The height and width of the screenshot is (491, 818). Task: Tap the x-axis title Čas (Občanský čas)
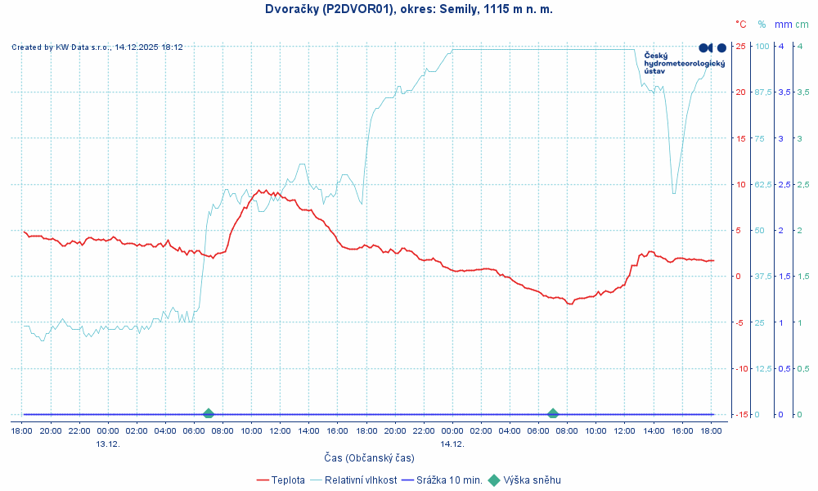tap(368, 457)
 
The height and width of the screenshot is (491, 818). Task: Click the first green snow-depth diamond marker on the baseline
tap(209, 414)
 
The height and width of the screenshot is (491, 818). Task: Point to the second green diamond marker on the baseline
tap(553, 414)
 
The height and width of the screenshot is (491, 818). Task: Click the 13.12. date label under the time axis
tap(108, 444)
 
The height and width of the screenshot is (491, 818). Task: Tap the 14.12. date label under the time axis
tap(452, 444)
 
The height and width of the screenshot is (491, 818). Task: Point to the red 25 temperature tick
tap(740, 46)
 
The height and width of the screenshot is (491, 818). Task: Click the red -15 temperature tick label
tap(739, 414)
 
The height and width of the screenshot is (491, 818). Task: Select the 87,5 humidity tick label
tap(762, 92)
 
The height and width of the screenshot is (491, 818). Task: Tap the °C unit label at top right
tap(740, 25)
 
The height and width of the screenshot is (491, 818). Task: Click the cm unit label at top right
tap(802, 25)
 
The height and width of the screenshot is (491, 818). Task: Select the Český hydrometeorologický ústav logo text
tap(684, 63)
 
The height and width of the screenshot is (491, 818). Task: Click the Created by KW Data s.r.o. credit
tap(97, 47)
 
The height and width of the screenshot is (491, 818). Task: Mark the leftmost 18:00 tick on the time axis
tap(22, 430)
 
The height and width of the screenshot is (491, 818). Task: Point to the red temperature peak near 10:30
tap(261, 190)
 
